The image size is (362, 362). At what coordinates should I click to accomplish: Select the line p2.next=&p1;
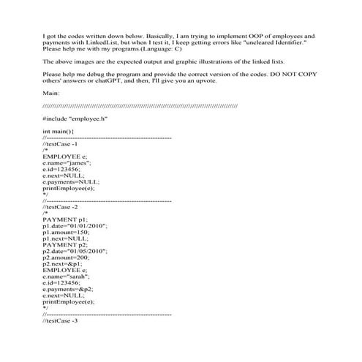click(x=65, y=263)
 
